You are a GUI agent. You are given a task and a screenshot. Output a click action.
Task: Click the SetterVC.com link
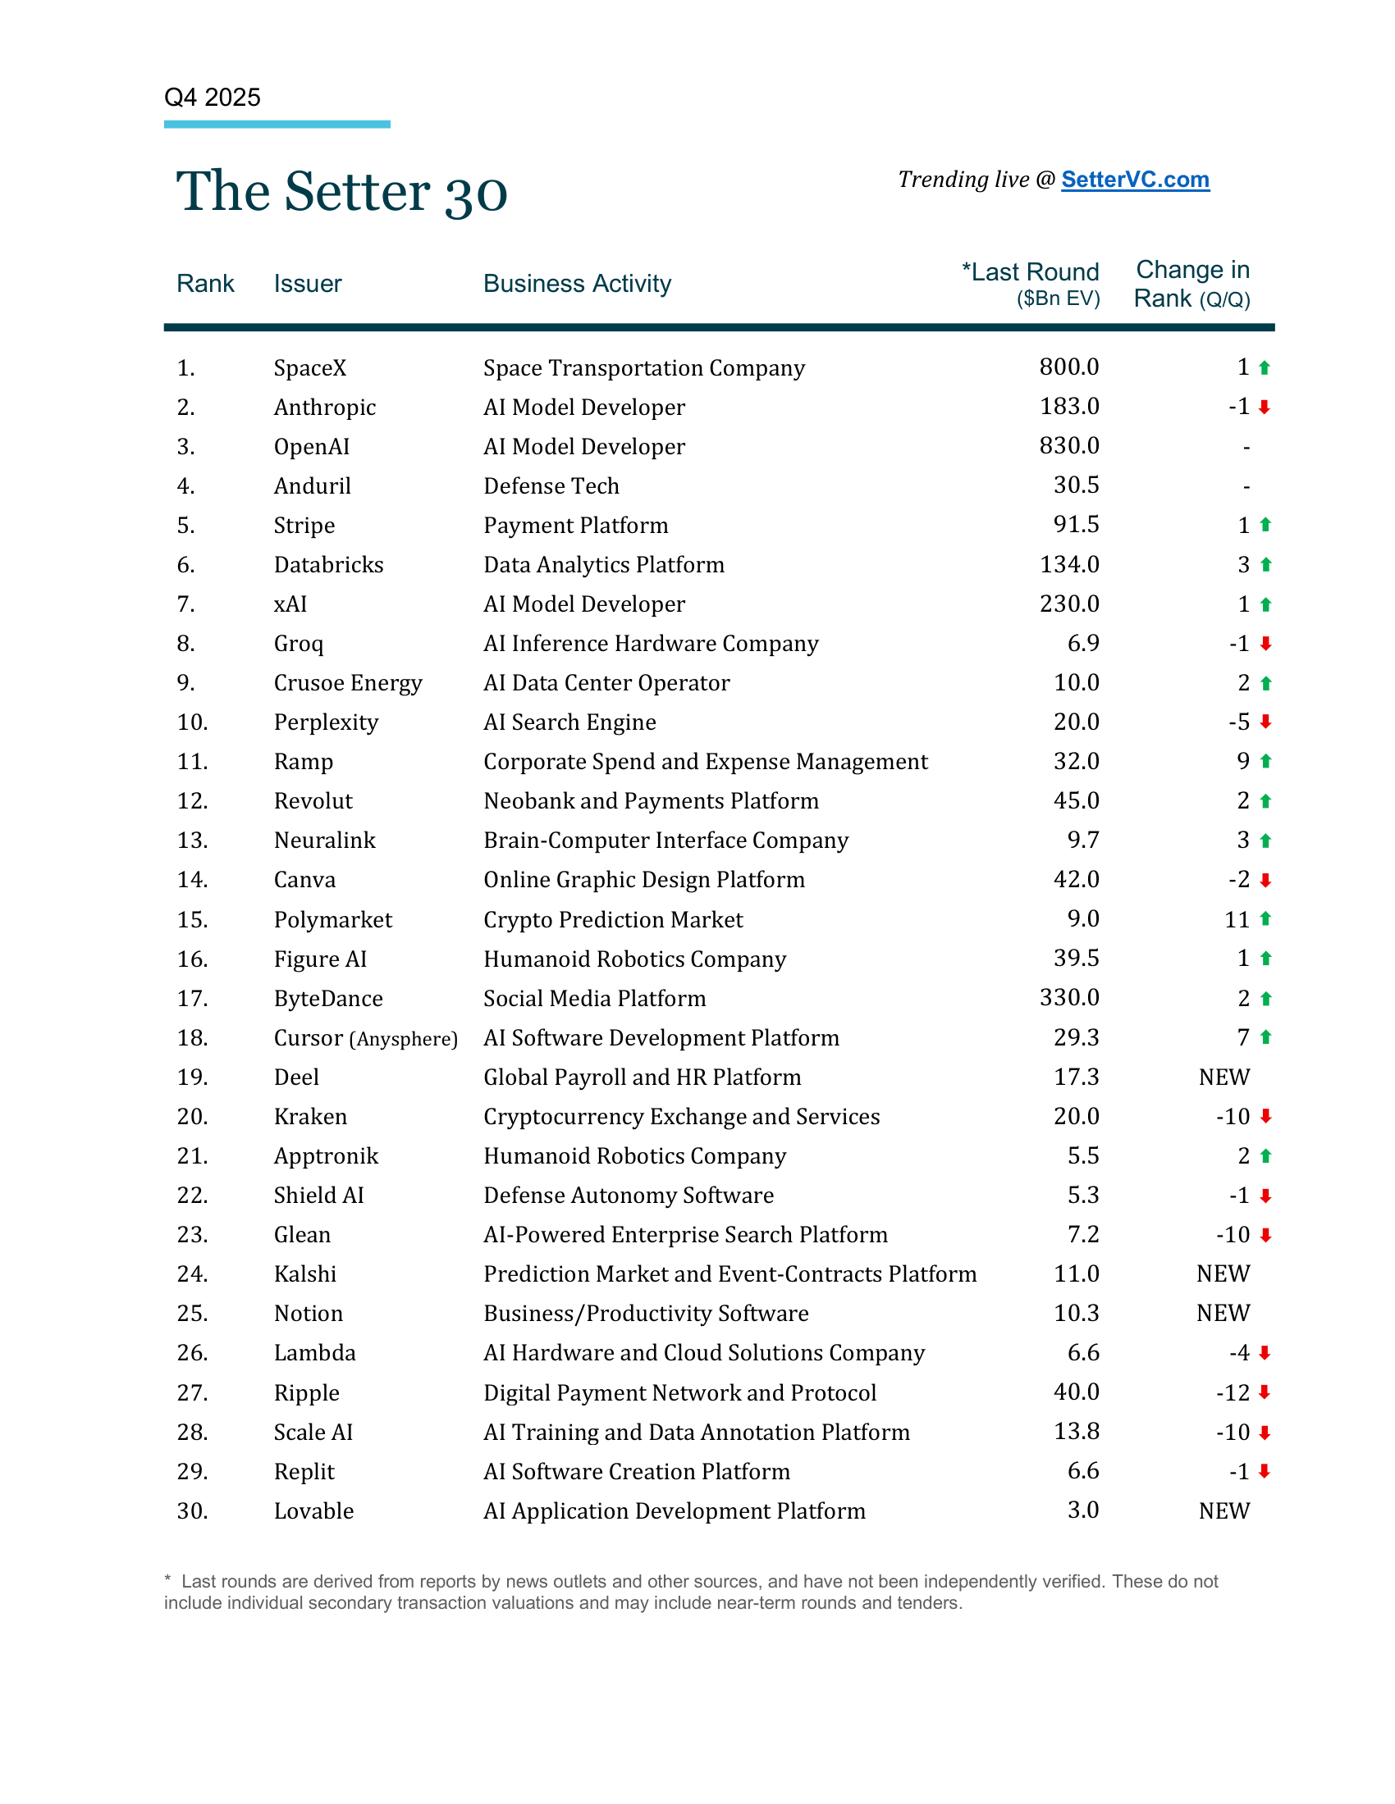(1135, 180)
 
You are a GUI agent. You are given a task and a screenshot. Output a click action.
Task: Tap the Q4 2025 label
(213, 98)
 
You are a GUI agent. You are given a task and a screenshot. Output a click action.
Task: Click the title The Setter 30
(341, 192)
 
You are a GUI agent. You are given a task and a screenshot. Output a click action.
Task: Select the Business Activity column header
(577, 284)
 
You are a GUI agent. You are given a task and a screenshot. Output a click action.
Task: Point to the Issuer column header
(308, 284)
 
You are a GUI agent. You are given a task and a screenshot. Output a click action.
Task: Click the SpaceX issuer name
(310, 367)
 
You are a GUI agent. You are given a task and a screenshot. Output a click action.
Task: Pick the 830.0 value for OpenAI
(1068, 446)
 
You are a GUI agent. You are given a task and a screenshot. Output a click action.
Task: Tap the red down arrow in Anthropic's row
(1265, 408)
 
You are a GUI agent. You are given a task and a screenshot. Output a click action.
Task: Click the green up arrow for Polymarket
(1265, 919)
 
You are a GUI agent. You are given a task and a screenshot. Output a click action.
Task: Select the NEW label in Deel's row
(1224, 1077)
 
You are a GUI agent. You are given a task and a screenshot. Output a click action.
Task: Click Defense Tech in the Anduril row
(551, 485)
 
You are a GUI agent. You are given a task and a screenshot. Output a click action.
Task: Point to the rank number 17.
(192, 999)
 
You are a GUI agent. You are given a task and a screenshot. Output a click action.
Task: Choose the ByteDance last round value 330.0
(1068, 998)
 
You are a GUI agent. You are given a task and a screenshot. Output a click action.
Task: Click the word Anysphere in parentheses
(403, 1039)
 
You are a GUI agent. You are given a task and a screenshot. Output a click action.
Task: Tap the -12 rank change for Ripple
(1233, 1392)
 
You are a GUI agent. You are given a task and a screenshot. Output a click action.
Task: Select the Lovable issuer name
(313, 1510)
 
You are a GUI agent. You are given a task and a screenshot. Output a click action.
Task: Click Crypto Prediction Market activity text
(612, 919)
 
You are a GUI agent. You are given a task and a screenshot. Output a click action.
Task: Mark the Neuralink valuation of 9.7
(1082, 840)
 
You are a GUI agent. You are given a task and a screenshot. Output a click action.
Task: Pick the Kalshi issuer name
(305, 1273)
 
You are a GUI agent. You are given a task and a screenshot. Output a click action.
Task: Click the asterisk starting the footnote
(167, 1579)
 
